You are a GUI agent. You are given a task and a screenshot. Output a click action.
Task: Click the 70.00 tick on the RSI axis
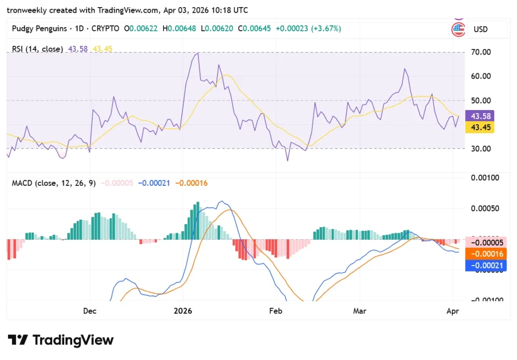click(480, 52)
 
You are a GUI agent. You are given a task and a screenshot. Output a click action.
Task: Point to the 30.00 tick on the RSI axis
click(480, 148)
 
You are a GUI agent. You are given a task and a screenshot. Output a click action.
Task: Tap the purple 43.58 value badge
click(480, 116)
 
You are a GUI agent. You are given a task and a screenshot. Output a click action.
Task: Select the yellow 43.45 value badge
click(480, 127)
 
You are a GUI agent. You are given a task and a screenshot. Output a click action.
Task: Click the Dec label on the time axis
click(89, 311)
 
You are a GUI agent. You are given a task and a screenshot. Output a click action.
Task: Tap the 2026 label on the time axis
click(183, 311)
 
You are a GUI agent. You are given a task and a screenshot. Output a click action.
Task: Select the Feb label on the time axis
click(275, 311)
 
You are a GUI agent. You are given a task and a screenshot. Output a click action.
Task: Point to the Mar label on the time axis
click(359, 311)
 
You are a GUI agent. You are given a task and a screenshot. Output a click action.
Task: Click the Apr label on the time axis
click(453, 311)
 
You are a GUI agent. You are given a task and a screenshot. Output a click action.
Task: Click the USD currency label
click(480, 29)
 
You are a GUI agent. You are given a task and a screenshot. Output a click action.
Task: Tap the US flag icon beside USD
click(458, 29)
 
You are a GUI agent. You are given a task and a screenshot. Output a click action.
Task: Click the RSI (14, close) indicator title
click(37, 49)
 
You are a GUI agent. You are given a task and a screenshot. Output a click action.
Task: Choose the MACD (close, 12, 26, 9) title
click(54, 183)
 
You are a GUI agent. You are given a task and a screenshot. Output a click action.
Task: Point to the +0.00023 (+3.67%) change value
click(308, 29)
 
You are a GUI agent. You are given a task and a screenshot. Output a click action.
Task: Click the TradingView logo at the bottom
click(61, 340)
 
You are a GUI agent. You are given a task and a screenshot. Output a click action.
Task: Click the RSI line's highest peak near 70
click(198, 53)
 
